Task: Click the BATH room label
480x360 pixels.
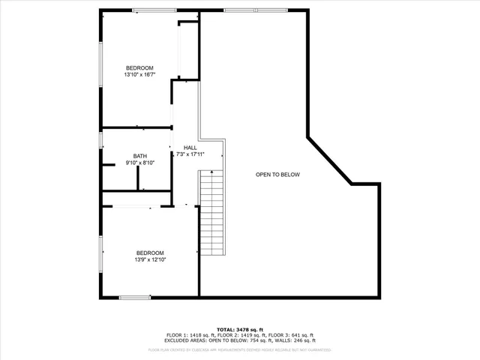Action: [140, 156]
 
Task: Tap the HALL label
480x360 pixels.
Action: [190, 148]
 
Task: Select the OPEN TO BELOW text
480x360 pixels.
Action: [277, 175]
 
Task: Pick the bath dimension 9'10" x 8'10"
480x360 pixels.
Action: [140, 163]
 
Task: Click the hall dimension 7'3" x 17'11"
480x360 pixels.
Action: [190, 154]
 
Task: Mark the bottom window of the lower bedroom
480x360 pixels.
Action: [135, 298]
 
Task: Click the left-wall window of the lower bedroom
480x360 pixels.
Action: [101, 254]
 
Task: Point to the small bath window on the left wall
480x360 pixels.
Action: [101, 140]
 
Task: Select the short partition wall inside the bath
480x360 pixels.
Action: [138, 178]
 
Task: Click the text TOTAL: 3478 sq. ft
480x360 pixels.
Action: [240, 329]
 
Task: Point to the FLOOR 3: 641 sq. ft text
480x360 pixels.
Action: [292, 335]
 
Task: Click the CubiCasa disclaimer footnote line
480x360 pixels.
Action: [240, 349]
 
